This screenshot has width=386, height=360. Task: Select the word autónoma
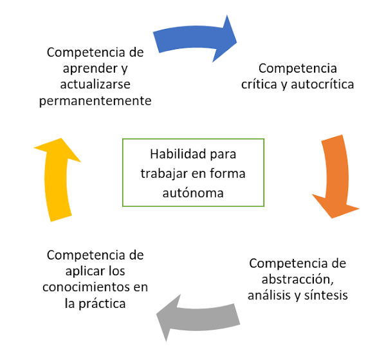click(192, 191)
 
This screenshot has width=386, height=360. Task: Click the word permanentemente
click(95, 102)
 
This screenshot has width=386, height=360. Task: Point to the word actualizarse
click(95, 85)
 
